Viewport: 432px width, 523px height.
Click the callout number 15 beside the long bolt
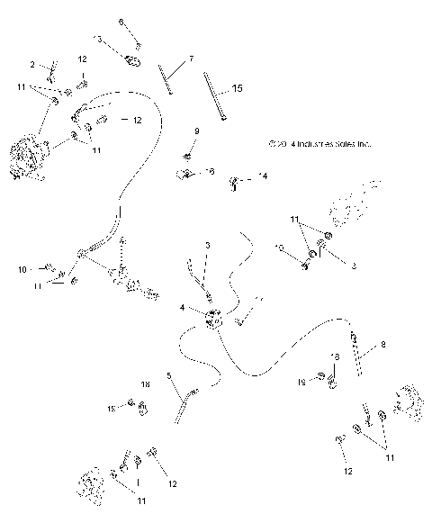coord(238,88)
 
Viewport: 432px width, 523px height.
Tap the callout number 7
coord(191,59)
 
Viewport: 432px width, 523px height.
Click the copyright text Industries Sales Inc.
coord(319,143)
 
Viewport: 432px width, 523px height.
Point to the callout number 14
coord(263,176)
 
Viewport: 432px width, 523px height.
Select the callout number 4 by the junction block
coord(183,308)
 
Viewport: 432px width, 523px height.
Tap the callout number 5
coord(168,375)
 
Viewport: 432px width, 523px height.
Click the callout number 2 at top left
coord(33,65)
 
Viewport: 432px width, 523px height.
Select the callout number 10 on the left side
coord(22,268)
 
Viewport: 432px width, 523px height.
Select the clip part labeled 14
coord(236,184)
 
